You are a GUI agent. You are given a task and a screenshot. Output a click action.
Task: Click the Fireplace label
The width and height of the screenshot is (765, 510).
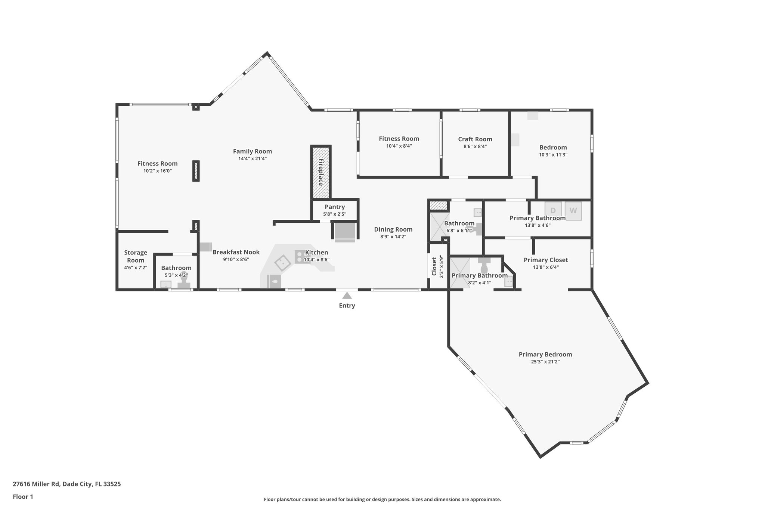point(320,172)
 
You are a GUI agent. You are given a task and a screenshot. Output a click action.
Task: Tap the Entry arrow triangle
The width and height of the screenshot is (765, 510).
point(347,296)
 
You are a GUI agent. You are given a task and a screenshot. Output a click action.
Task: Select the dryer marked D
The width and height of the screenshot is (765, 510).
point(553,211)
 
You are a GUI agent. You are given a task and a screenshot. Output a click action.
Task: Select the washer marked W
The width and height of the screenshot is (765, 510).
point(573,211)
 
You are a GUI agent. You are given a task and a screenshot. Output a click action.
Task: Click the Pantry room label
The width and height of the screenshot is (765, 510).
point(335,207)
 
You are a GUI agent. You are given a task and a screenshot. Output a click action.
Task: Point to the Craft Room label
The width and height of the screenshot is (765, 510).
point(475,139)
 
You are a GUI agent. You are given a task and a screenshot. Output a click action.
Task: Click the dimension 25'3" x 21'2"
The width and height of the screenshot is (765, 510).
point(545,362)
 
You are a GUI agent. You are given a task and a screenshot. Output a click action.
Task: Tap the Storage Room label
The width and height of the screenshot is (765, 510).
point(136,256)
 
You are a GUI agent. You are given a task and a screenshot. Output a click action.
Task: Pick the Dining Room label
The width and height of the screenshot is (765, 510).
point(393,229)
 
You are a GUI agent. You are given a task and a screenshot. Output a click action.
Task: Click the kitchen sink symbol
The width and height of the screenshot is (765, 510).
point(283,263)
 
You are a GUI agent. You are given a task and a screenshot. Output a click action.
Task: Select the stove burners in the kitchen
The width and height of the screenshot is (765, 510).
point(300,256)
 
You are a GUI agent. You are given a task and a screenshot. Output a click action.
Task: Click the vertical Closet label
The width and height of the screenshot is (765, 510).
point(434,266)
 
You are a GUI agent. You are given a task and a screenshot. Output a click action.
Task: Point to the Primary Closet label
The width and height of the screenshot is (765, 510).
point(545,260)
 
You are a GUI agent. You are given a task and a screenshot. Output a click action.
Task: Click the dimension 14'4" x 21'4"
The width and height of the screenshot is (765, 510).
point(253,158)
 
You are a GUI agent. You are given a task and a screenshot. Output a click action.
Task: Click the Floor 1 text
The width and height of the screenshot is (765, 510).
point(23,497)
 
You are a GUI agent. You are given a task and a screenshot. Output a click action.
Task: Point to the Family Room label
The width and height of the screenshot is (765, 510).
point(253,151)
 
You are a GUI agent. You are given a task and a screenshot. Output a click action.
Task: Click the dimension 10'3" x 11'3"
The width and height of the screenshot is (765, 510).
point(553,155)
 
